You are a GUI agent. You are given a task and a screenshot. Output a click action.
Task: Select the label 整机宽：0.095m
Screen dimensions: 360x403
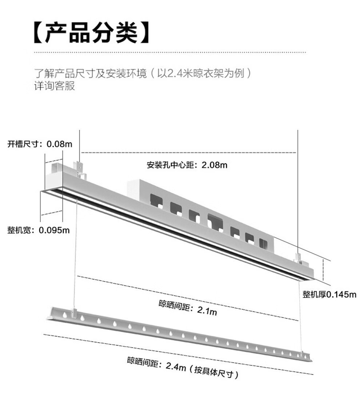pos(39,230)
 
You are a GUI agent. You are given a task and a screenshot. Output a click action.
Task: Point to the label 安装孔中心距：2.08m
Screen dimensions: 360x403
pos(187,165)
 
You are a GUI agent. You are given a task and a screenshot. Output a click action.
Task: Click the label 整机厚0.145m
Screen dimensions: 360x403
pos(329,294)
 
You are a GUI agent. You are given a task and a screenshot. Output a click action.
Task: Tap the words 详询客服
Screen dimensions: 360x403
pos(54,87)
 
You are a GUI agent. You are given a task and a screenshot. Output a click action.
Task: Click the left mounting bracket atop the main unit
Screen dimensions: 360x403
pos(80,168)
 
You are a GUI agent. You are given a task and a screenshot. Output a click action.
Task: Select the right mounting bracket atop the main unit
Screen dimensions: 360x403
pos(298,258)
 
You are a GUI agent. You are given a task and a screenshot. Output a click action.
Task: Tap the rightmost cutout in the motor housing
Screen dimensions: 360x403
pos(264,243)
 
